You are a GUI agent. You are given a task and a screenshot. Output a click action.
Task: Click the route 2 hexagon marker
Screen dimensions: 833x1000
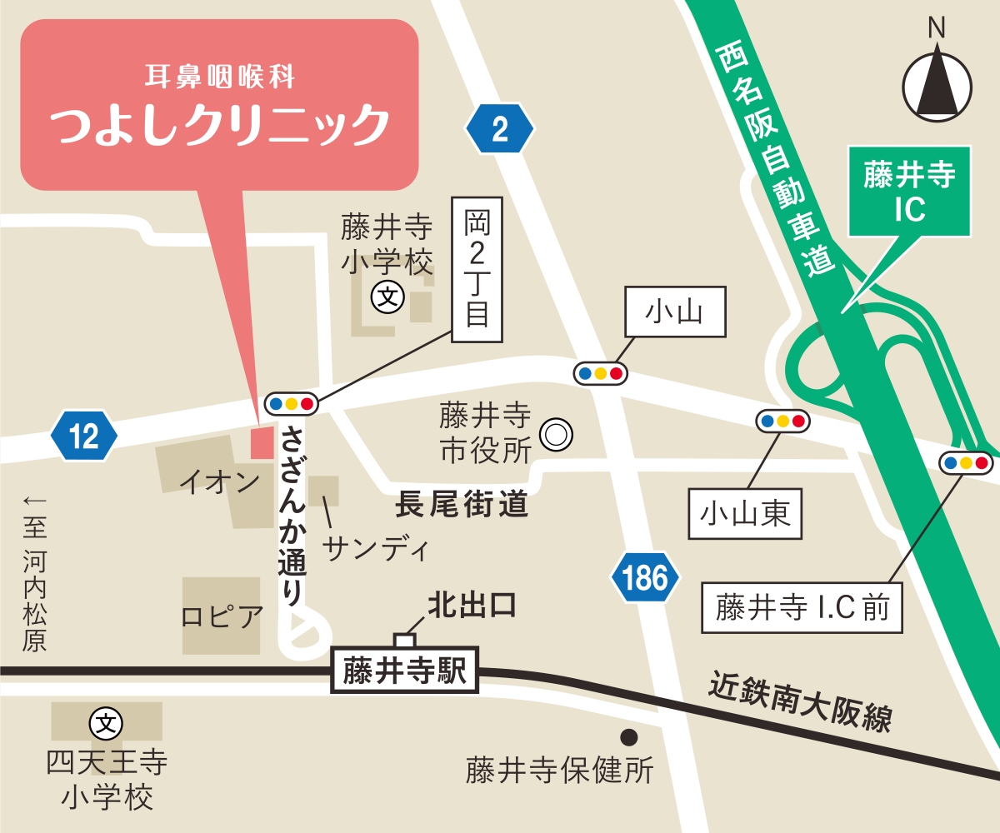(x=499, y=129)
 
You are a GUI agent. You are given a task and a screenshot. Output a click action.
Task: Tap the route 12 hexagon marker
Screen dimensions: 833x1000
(x=84, y=435)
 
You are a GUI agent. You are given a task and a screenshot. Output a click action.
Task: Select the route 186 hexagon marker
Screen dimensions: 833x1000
(x=645, y=576)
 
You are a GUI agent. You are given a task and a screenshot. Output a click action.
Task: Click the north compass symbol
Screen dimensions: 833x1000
(x=937, y=83)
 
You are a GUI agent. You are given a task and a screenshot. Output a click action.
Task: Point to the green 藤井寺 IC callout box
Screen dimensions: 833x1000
(x=909, y=192)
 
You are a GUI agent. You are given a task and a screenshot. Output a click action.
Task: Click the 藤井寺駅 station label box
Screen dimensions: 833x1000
(x=406, y=670)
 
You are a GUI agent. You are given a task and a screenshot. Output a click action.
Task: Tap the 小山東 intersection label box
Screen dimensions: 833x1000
(x=746, y=515)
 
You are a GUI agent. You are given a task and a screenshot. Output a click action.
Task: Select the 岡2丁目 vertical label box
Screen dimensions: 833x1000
(x=477, y=269)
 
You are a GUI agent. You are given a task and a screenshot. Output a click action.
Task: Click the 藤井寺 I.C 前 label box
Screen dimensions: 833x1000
(x=802, y=608)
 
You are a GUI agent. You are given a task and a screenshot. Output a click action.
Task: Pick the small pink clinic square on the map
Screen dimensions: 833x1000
(x=262, y=442)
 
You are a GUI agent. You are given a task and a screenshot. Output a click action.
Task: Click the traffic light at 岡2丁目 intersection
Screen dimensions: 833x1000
(x=291, y=404)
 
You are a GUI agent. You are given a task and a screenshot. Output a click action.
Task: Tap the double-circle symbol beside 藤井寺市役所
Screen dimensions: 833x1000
(x=556, y=434)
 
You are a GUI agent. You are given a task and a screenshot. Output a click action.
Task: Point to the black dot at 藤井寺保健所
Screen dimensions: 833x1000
(x=629, y=737)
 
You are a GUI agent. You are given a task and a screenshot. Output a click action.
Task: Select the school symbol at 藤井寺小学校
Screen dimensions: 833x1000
(x=387, y=296)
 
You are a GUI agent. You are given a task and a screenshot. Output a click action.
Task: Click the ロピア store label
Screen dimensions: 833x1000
(x=222, y=618)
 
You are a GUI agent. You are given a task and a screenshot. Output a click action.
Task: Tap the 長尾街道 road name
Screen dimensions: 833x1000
(x=462, y=506)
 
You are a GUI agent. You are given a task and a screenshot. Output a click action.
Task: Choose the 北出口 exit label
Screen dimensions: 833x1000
(x=472, y=606)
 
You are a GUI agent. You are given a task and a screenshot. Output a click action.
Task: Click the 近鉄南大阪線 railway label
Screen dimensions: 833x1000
(x=800, y=701)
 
